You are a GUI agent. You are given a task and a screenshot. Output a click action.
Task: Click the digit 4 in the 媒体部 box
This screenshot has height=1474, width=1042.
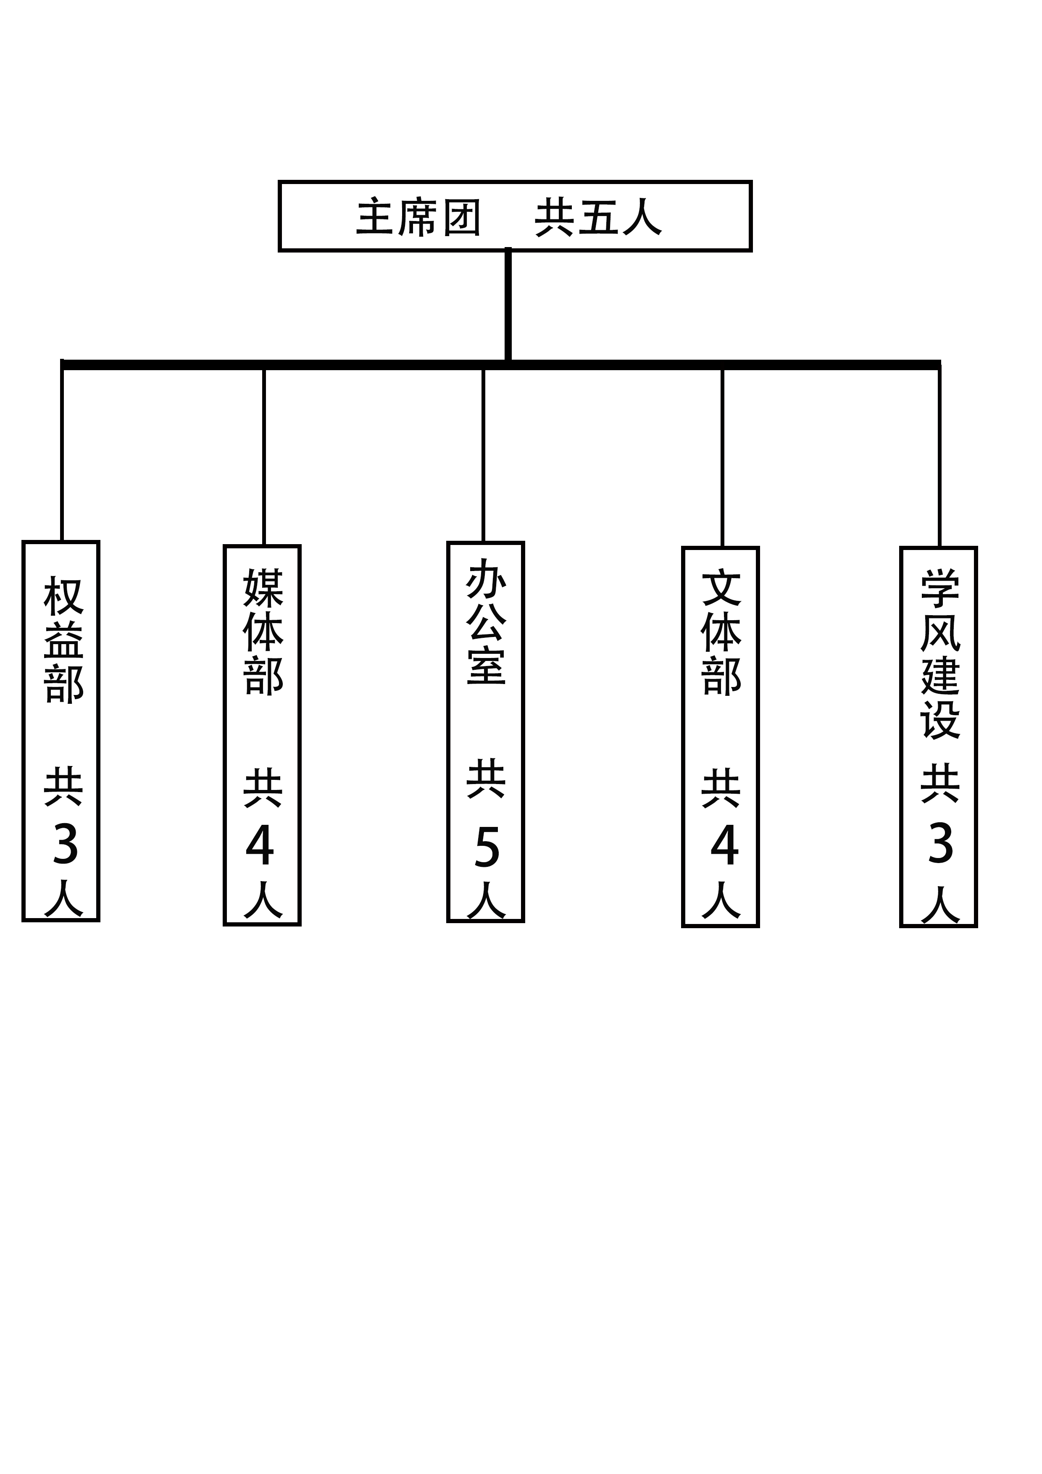point(260,845)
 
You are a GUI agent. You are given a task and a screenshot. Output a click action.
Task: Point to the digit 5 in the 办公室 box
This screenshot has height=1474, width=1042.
point(487,848)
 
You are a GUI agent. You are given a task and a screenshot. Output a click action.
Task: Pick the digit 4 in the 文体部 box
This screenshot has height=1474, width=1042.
point(725,845)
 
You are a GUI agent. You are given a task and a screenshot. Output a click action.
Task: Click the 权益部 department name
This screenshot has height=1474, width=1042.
point(63,640)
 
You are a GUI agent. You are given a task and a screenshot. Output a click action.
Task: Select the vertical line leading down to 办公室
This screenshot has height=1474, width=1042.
point(484,455)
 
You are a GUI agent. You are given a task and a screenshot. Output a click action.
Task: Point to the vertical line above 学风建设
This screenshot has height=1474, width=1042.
point(939,456)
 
